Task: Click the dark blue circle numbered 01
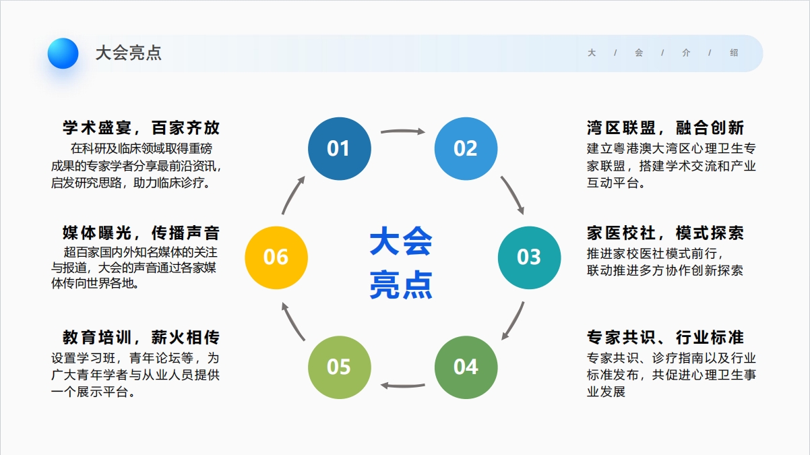(340, 149)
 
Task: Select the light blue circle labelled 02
(466, 149)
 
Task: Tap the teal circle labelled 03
(530, 258)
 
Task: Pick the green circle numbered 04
(466, 367)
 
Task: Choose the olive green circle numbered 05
(340, 367)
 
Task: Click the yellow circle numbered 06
(276, 258)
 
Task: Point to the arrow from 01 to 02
(403, 131)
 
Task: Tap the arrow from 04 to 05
(403, 386)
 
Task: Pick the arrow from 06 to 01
(292, 195)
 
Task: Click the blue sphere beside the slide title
(63, 53)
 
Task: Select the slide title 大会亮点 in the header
(128, 53)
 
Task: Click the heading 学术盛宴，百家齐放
(141, 127)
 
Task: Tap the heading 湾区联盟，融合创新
(665, 127)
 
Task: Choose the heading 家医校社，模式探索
(665, 233)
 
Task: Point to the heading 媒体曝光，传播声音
(141, 233)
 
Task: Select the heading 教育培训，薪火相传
(141, 338)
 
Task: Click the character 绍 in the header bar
(734, 53)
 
